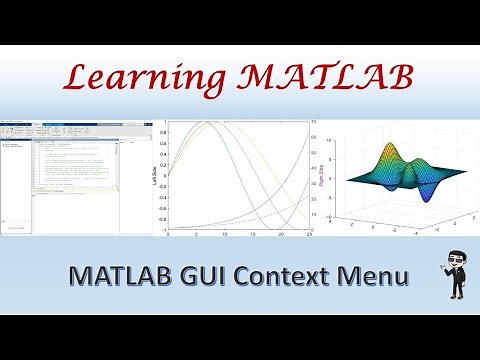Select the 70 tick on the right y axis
(314, 122)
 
